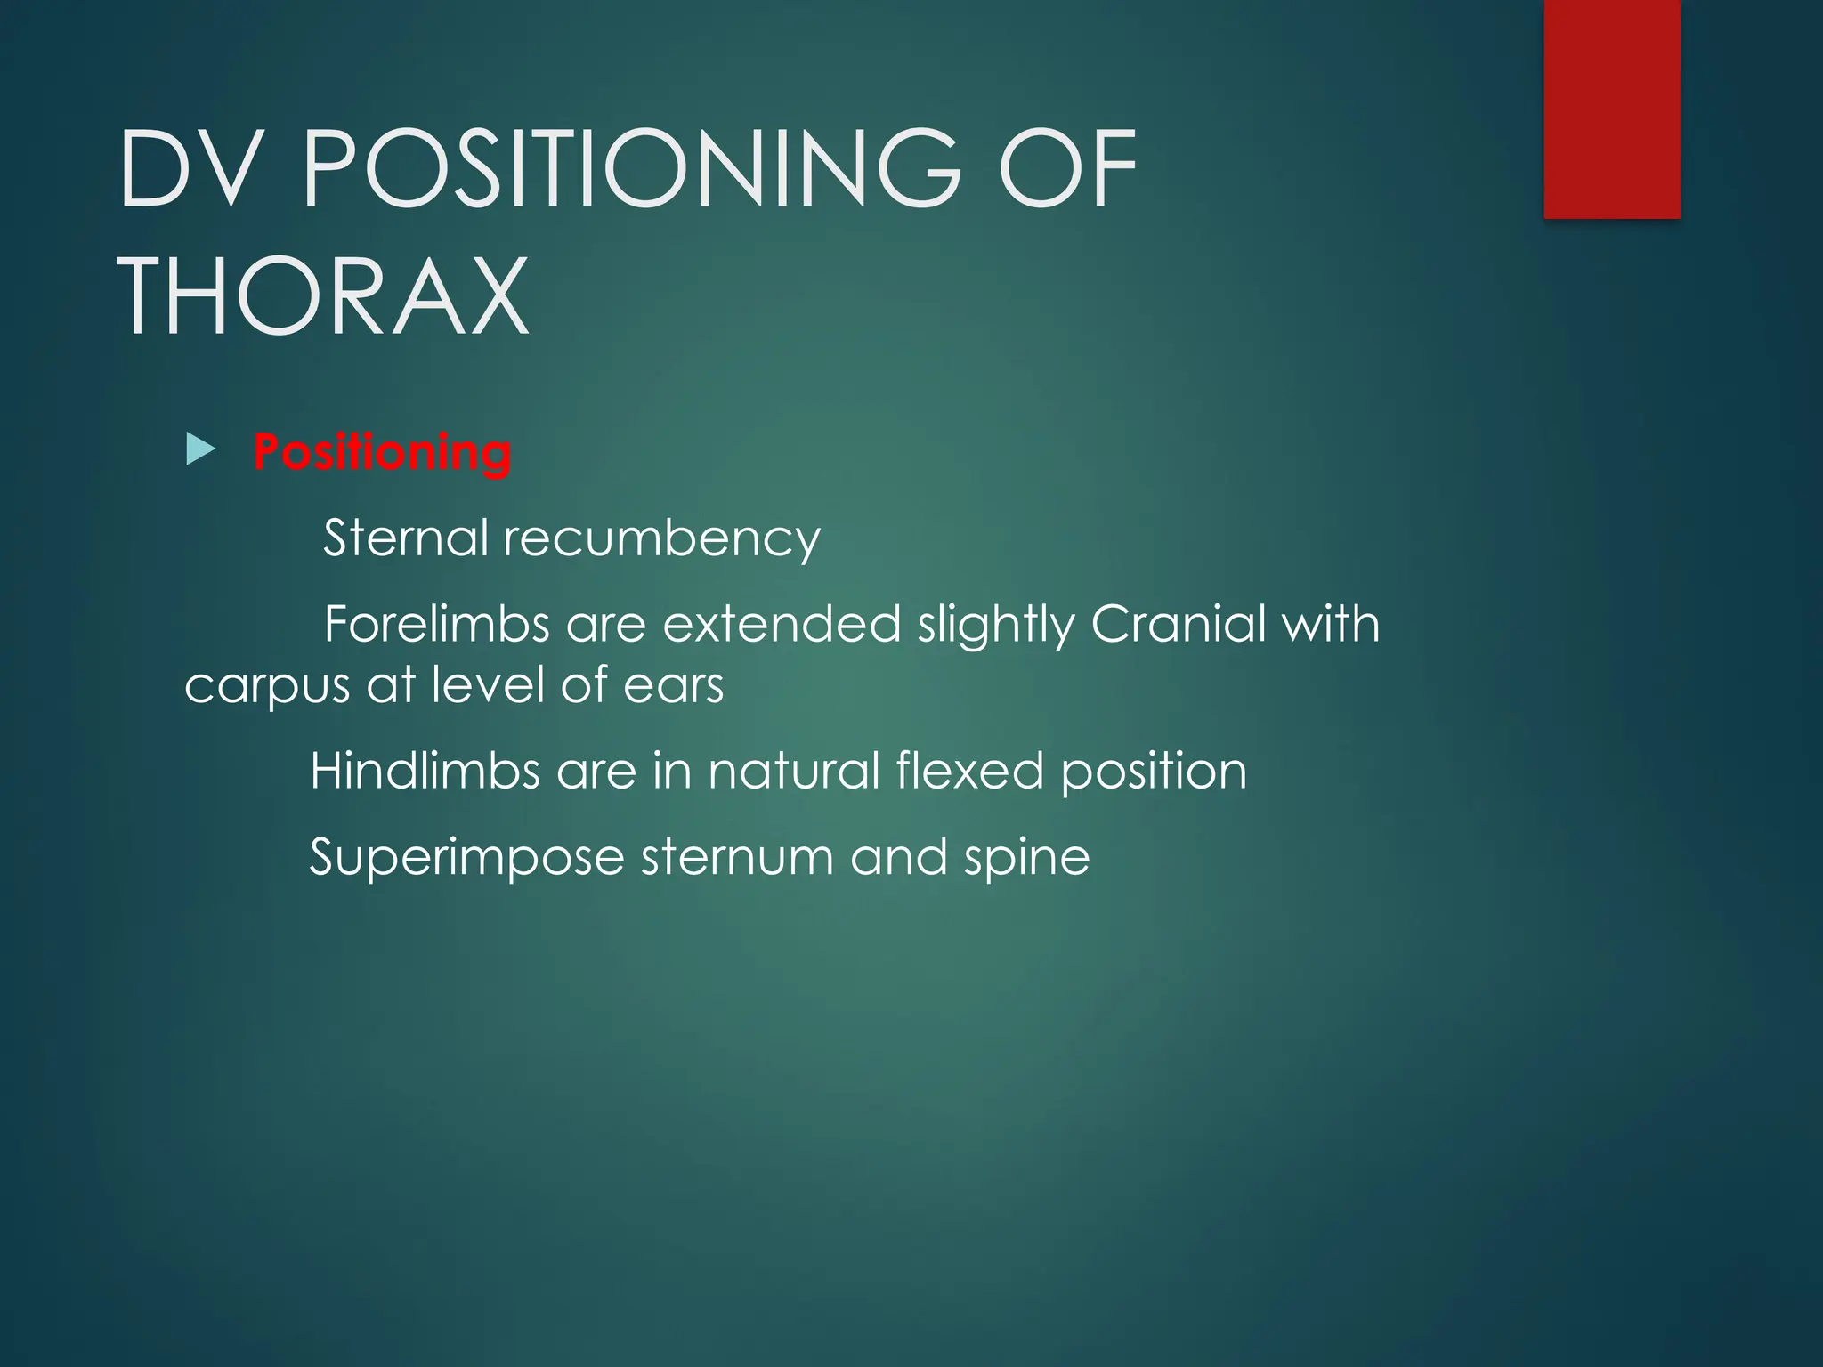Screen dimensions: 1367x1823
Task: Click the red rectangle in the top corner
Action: click(x=1611, y=109)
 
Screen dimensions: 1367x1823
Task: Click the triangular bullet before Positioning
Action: click(x=201, y=450)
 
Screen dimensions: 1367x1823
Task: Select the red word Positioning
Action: click(x=382, y=452)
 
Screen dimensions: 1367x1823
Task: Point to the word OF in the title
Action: click(x=1067, y=168)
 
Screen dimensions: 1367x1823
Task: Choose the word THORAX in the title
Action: click(x=324, y=295)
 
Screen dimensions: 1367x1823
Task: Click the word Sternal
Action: click(x=405, y=538)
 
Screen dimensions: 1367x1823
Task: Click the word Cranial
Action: click(x=1178, y=623)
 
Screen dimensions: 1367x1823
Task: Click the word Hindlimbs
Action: click(x=425, y=770)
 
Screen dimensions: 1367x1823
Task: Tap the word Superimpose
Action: click(x=466, y=858)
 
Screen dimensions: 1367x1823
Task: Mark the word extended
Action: click(x=782, y=623)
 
